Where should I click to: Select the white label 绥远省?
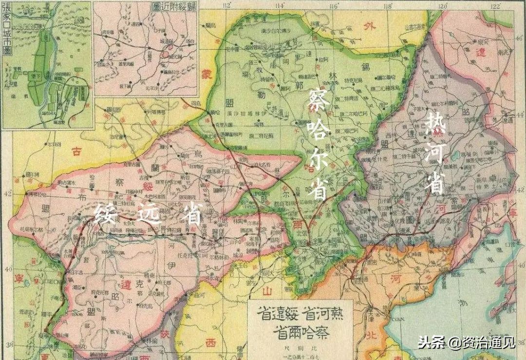148,213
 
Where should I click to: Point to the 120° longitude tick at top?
443,5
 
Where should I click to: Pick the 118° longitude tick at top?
388,5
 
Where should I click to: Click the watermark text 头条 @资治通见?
466,342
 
